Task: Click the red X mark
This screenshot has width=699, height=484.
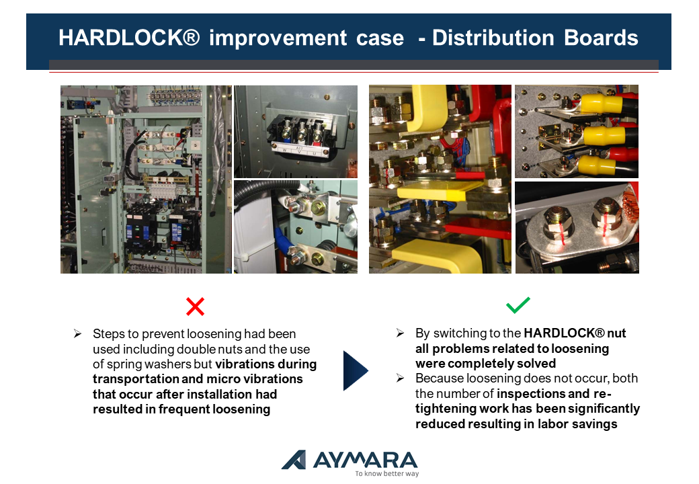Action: click(196, 306)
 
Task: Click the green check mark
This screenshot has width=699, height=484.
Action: click(518, 305)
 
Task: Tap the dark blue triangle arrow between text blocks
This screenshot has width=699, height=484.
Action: click(356, 370)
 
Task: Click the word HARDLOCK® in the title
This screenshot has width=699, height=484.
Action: click(129, 38)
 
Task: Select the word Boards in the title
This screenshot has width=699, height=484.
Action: click(601, 38)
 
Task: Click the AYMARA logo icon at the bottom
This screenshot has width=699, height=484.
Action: click(294, 460)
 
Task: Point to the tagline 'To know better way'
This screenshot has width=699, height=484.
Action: click(387, 473)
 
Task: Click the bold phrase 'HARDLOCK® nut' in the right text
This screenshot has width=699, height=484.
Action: click(575, 333)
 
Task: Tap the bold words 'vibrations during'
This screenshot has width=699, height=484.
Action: click(265, 364)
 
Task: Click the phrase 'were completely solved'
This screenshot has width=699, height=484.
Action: click(485, 363)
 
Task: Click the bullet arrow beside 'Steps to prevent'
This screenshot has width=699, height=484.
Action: click(77, 333)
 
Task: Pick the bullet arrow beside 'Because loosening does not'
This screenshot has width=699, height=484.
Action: click(400, 378)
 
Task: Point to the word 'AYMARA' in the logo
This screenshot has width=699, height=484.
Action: click(366, 460)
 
